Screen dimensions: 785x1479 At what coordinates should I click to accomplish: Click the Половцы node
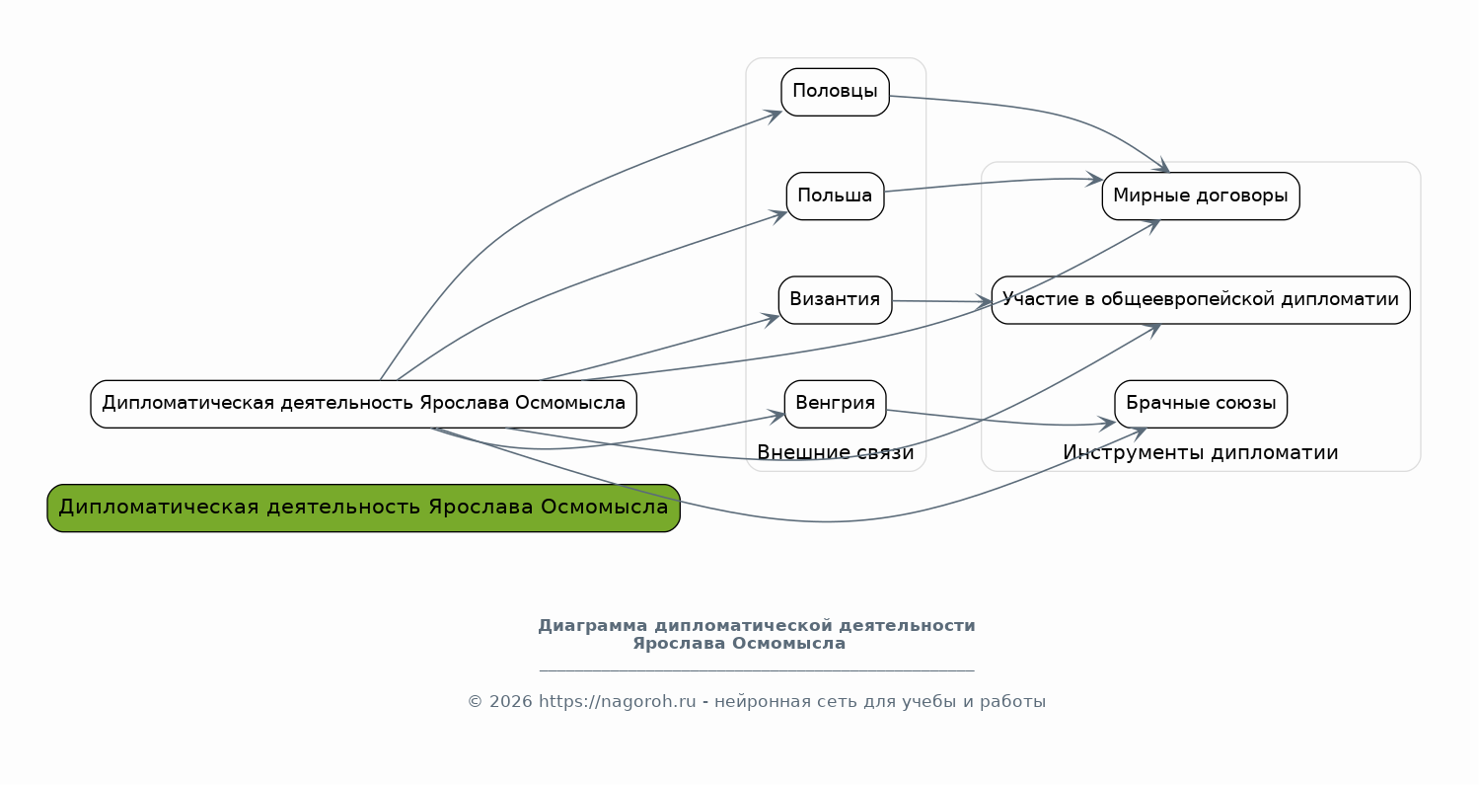click(835, 92)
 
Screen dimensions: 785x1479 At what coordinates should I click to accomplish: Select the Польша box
click(835, 196)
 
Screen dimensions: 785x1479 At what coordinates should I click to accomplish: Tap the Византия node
click(835, 299)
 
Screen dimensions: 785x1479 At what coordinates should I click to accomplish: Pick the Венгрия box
click(835, 403)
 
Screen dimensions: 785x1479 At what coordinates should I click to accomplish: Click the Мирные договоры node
click(1200, 196)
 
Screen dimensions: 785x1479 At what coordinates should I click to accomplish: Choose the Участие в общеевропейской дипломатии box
click(1200, 299)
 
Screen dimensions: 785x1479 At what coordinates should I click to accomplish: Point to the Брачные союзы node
click(1200, 403)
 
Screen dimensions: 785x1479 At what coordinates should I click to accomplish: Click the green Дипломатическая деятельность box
click(363, 508)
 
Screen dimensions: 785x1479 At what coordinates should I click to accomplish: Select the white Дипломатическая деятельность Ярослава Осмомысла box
click(363, 403)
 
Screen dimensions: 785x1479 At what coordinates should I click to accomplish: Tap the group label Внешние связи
click(835, 452)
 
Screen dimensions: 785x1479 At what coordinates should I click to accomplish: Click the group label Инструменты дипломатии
click(1200, 452)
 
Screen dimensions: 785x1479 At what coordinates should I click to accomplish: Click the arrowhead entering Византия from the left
click(773, 317)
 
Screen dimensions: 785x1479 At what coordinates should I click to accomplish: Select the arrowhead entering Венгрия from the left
click(778, 415)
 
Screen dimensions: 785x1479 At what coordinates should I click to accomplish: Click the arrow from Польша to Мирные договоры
click(987, 182)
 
